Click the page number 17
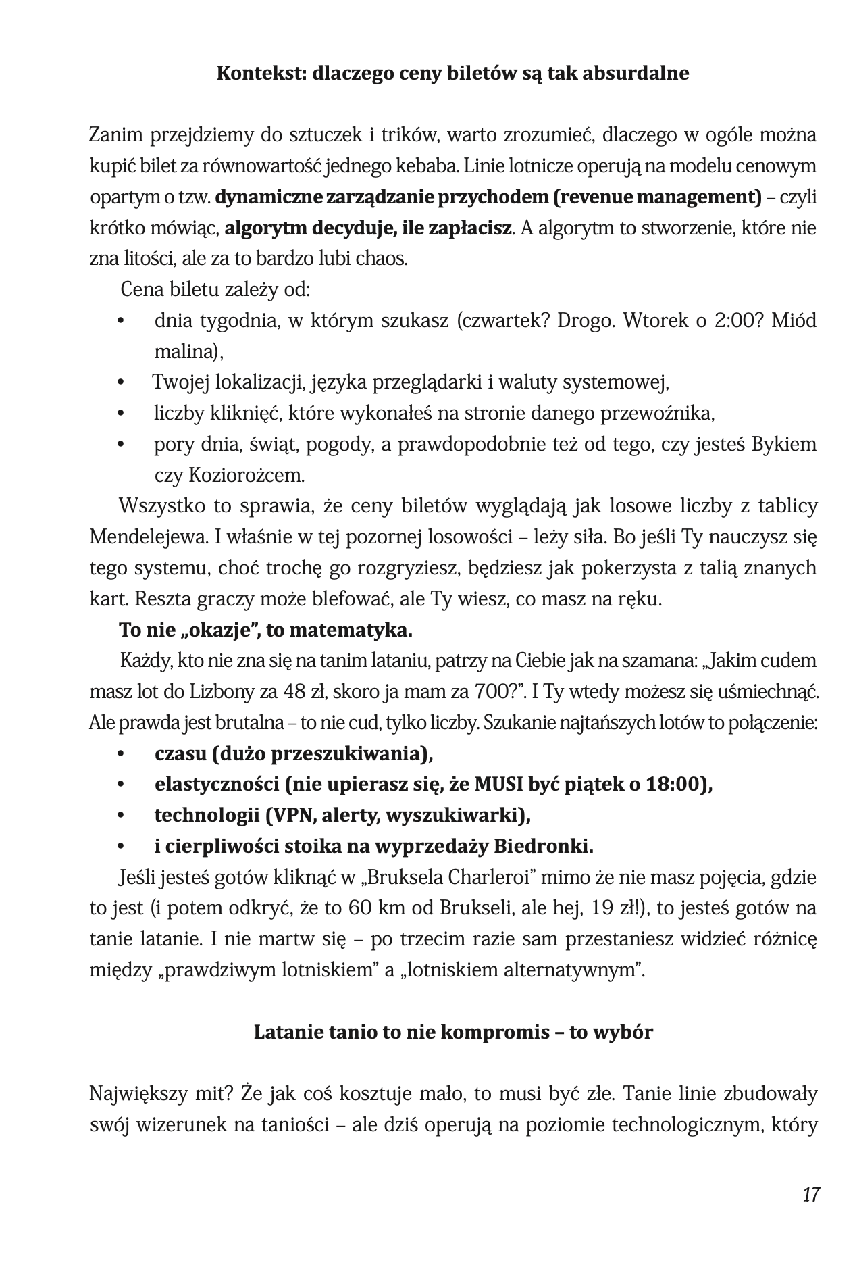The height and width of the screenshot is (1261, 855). [811, 1194]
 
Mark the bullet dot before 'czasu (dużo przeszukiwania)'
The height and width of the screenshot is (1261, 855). [122, 754]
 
